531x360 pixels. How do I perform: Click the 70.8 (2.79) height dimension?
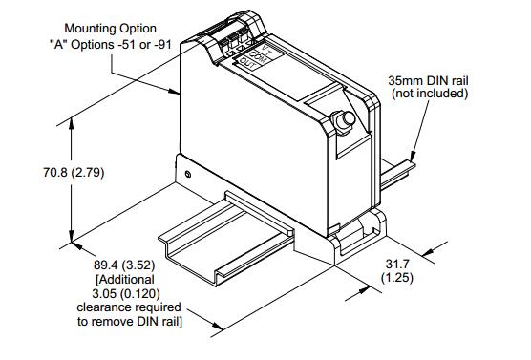click(x=74, y=173)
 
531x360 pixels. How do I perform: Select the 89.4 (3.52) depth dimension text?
click(x=124, y=265)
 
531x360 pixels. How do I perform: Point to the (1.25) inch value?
click(x=397, y=278)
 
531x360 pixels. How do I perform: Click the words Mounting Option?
click(x=111, y=29)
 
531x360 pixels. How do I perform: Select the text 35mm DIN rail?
click(x=428, y=80)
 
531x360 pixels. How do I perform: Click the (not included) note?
click(x=430, y=94)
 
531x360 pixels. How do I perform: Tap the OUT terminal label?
click(x=248, y=64)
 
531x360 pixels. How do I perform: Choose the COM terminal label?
click(x=258, y=57)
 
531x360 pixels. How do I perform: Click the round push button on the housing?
click(x=347, y=119)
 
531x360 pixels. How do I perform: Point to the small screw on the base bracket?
click(x=188, y=175)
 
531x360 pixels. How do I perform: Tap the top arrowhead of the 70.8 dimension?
click(x=71, y=123)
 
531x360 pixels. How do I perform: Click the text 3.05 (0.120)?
click(x=126, y=293)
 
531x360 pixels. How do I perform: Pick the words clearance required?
click(x=129, y=307)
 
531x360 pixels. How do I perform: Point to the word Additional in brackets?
click(x=126, y=280)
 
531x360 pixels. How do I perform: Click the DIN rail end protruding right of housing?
click(x=398, y=174)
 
